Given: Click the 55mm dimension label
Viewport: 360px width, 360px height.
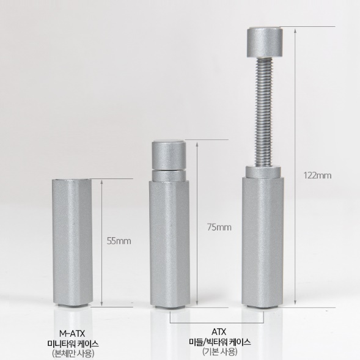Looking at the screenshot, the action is (x=119, y=241).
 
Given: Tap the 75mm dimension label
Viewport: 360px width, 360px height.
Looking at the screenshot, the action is (x=219, y=227).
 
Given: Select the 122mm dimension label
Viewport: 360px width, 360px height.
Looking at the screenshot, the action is (x=318, y=175).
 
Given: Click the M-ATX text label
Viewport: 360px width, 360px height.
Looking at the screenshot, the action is (x=72, y=333).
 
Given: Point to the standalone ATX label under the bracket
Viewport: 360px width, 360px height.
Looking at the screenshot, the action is (x=219, y=332).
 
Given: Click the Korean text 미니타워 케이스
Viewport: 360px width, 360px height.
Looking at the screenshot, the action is (x=73, y=343).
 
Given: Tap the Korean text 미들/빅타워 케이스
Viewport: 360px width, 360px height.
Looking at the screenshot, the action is (x=219, y=342).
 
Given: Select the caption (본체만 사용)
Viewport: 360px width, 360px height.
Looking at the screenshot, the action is (x=73, y=353).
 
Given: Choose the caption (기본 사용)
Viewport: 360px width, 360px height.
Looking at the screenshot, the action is (x=219, y=351).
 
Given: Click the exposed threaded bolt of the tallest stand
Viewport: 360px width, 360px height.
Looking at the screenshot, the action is (x=263, y=112).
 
